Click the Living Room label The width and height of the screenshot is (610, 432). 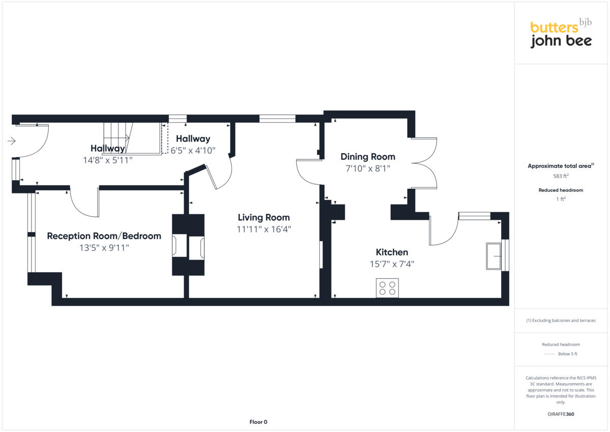[263, 218]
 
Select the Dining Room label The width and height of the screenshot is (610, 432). [368, 157]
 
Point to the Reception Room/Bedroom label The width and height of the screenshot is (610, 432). [104, 236]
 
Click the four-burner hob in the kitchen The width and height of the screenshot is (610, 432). [387, 288]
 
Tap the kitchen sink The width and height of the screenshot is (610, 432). [494, 256]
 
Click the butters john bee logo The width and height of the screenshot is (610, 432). [561, 34]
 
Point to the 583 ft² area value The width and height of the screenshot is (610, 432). [561, 176]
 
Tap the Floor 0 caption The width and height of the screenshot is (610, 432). [258, 422]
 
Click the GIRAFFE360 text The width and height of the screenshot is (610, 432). [561, 414]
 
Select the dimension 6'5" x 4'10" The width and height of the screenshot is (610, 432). [193, 151]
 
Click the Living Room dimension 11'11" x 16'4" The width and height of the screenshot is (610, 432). [264, 229]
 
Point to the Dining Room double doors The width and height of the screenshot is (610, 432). [424, 163]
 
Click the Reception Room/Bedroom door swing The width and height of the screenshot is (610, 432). [84, 204]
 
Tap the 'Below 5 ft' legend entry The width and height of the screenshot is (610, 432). [567, 354]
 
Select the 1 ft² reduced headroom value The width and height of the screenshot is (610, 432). [561, 199]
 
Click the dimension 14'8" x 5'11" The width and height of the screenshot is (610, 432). [107, 160]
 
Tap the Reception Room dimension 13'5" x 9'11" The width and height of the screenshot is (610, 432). [104, 248]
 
